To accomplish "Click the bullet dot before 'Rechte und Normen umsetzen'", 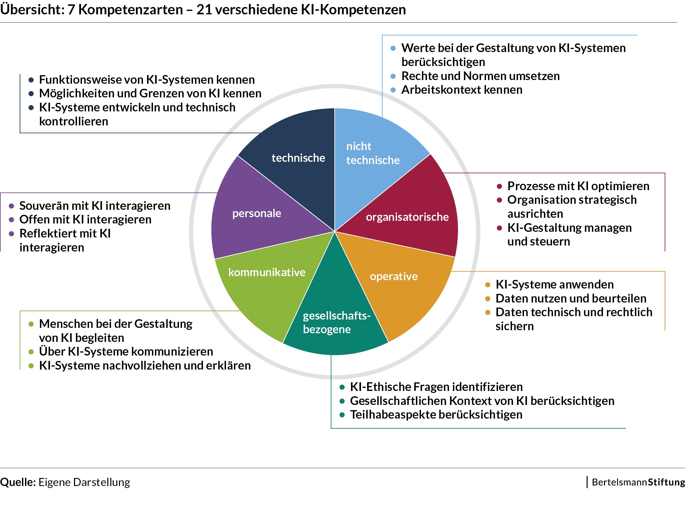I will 393,76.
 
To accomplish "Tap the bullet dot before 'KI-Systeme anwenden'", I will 488,285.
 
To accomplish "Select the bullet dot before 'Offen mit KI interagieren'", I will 11,220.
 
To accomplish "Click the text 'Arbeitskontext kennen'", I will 462,90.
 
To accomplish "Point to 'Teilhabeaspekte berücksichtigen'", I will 436,415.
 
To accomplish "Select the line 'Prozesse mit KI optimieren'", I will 578,186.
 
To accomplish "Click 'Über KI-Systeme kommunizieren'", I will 126,352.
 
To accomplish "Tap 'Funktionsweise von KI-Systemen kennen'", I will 147,80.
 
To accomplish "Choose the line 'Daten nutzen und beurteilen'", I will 571,298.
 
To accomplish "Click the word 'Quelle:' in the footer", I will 18,482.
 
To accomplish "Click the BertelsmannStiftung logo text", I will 638,482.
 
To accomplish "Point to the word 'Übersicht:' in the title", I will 32,10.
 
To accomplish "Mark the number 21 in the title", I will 204,10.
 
